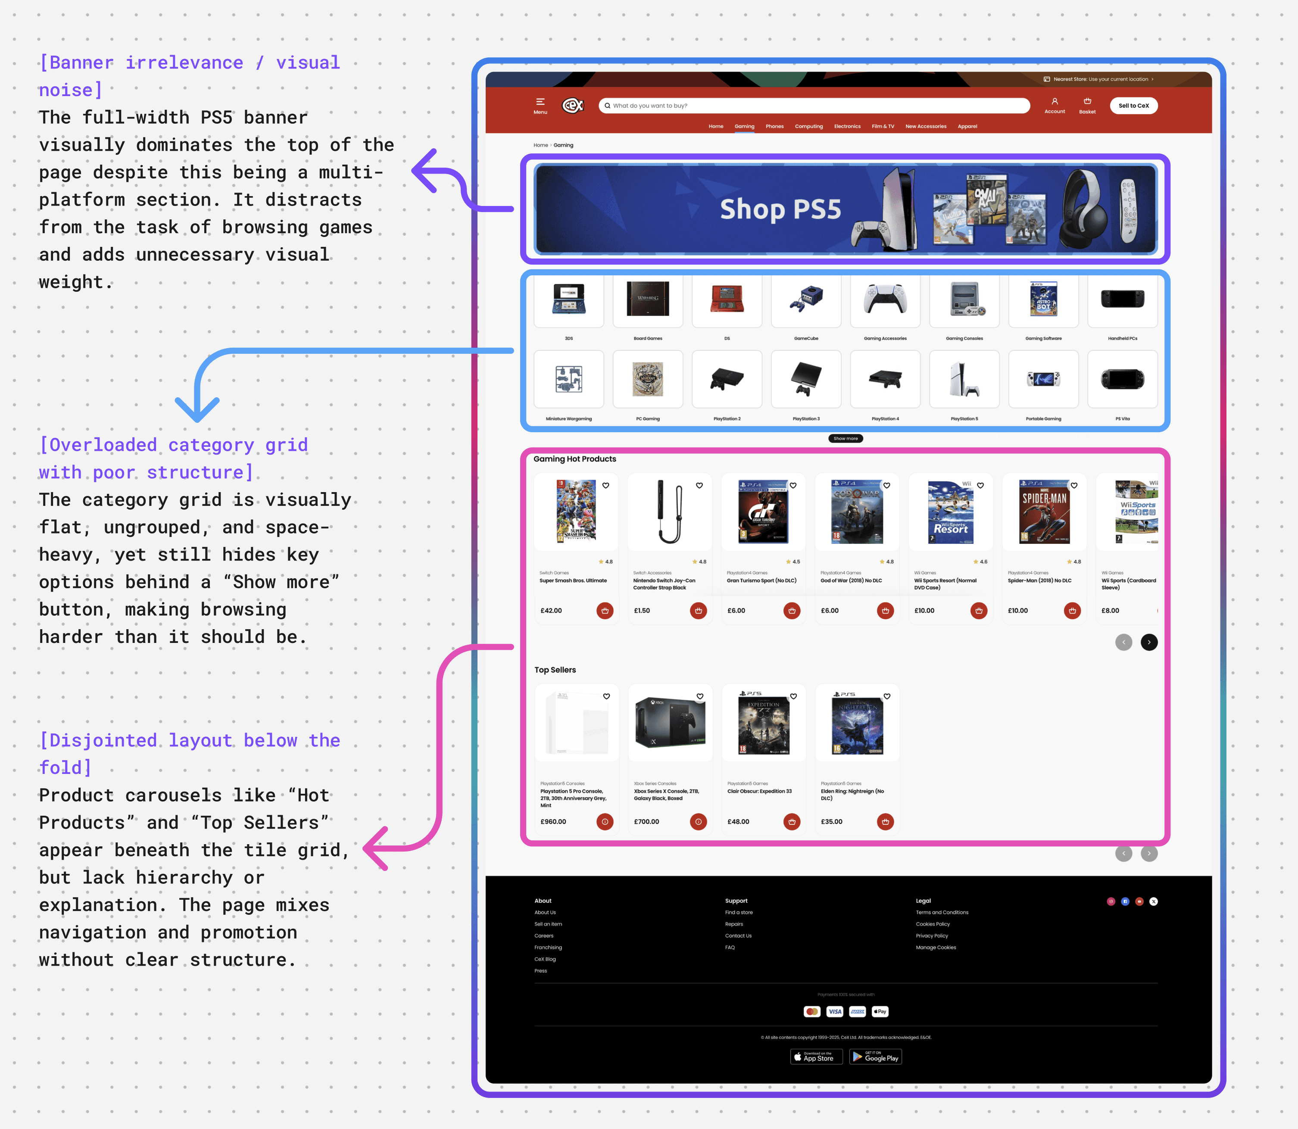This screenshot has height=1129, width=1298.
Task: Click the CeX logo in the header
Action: click(572, 105)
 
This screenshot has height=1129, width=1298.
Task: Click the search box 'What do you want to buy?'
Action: click(813, 106)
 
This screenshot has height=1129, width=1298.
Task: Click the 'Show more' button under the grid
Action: click(846, 439)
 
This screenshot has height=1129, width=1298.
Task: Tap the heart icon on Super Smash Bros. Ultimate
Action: click(605, 486)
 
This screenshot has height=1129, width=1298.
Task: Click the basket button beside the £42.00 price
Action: click(605, 611)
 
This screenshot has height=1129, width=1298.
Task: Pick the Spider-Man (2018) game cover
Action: click(1044, 511)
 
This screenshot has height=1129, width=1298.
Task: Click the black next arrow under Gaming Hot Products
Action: click(1148, 642)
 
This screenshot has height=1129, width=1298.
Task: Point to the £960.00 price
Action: click(553, 822)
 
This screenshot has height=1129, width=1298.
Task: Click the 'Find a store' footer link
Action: click(739, 912)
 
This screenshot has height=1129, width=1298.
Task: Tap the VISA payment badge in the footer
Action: click(835, 1012)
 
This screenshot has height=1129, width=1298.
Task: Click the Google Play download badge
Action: click(875, 1057)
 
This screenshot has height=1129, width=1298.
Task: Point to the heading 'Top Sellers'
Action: click(555, 670)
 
